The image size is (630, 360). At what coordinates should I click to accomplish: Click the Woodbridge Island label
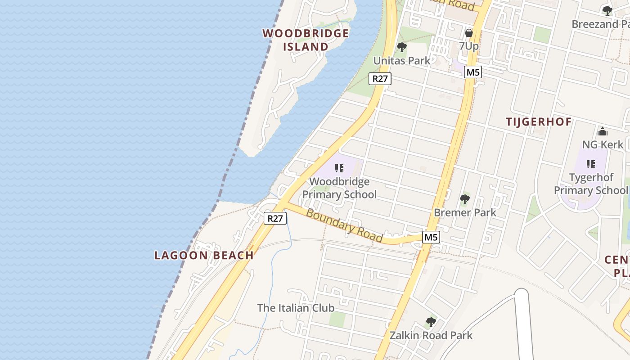coord(306,40)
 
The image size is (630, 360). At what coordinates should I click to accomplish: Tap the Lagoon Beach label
coord(204,256)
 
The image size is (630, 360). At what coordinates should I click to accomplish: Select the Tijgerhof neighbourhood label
coord(539,122)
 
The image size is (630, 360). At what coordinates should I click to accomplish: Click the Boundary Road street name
coord(344,225)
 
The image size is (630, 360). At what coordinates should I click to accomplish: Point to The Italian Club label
coord(296,308)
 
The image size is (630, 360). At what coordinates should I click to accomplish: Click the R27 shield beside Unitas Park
coord(380,79)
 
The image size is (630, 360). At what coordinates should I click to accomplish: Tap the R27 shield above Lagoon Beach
coord(275,218)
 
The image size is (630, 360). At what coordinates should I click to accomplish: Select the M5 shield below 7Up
coord(473,72)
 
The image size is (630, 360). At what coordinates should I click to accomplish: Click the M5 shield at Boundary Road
coord(431,237)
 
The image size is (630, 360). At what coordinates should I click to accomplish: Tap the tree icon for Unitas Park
coord(402,47)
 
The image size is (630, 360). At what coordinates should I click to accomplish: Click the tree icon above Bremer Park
coord(465,199)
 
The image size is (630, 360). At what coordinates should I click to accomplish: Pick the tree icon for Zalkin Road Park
coord(431,322)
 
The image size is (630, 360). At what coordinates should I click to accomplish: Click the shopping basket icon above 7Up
coord(469,32)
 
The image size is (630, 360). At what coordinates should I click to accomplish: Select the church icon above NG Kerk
coord(603,131)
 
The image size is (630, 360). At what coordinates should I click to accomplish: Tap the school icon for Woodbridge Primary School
coord(339,168)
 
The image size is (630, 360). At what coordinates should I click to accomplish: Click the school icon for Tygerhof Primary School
coord(591,164)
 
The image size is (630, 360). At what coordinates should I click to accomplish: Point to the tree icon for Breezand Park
coord(607,11)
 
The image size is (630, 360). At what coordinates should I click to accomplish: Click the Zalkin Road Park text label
coord(431,335)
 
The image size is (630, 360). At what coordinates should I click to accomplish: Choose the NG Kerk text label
coord(603,144)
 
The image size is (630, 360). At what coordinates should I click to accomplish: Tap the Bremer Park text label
coord(465,212)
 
